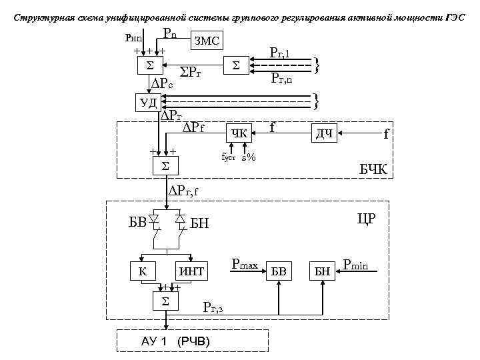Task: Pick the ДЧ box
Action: pos(324,133)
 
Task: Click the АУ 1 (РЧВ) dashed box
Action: pos(175,341)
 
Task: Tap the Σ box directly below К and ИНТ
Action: pos(166,301)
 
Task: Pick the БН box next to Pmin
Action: pos(323,271)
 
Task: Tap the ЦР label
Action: pos(366,219)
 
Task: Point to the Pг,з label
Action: pos(217,307)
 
